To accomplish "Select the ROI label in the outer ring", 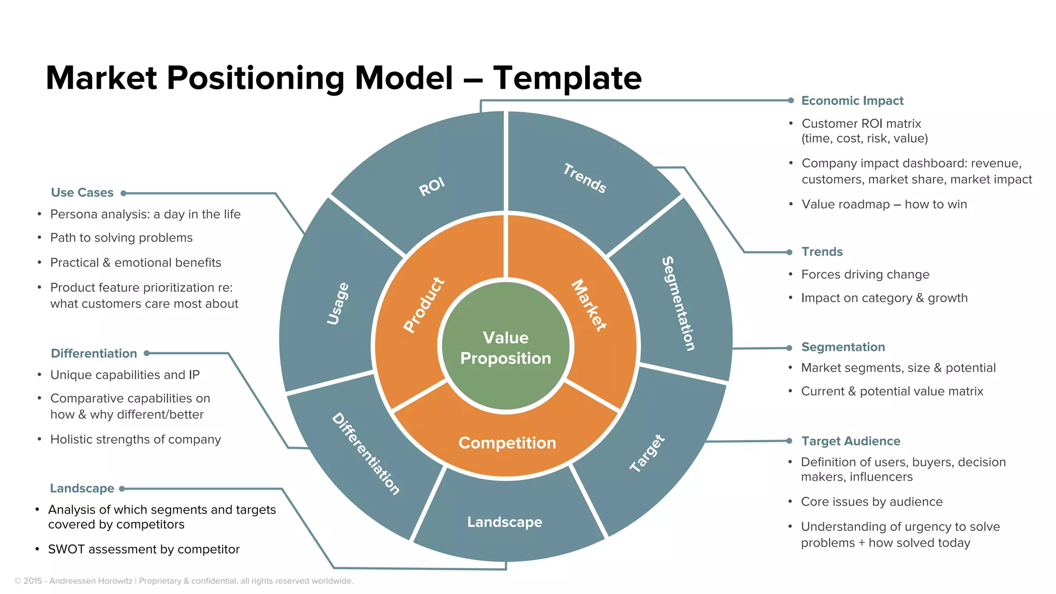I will click(x=432, y=187).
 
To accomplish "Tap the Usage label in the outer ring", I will click(x=338, y=304).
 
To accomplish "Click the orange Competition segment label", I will click(x=507, y=443).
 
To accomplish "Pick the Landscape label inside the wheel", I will click(x=504, y=522).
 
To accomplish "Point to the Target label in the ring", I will click(x=647, y=453).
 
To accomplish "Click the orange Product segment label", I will click(x=424, y=305).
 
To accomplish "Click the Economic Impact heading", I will click(x=852, y=101).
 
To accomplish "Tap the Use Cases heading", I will click(x=82, y=192).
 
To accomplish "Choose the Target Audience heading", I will click(x=850, y=441).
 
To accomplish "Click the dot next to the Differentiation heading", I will click(x=147, y=353).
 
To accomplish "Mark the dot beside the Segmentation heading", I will click(x=789, y=348).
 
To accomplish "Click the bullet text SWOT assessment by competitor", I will click(x=144, y=549).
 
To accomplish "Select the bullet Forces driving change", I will click(x=865, y=274).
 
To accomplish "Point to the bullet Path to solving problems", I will click(x=121, y=238).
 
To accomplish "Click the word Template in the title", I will click(x=567, y=78).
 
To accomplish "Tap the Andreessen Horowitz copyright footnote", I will click(x=184, y=581).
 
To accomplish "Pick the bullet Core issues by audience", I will click(x=871, y=502).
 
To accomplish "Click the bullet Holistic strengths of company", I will click(x=136, y=439).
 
